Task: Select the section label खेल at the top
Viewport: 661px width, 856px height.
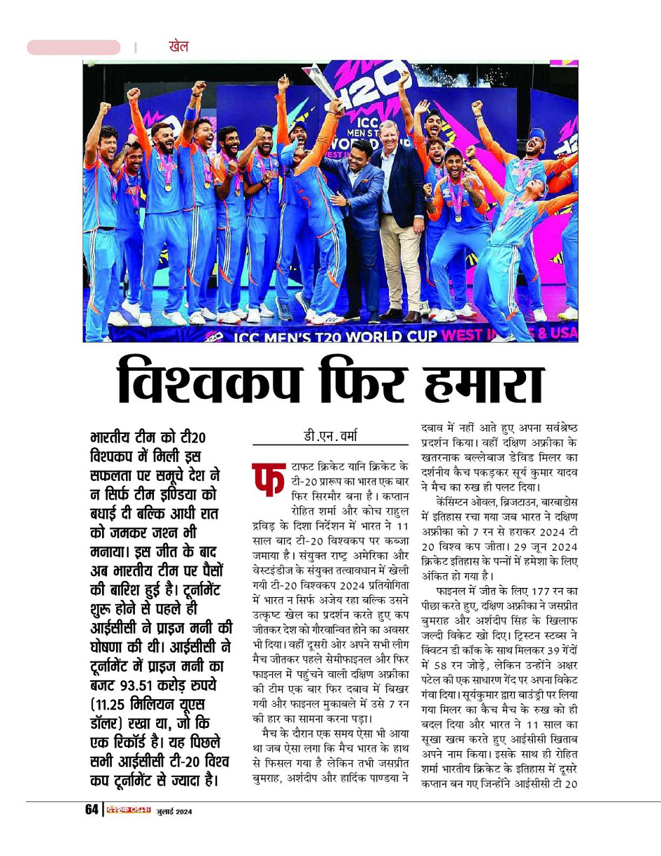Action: click(178, 47)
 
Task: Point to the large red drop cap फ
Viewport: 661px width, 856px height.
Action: click(267, 483)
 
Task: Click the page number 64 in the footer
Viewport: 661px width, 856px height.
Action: click(92, 810)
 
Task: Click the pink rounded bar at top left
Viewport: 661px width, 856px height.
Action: click(73, 48)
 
